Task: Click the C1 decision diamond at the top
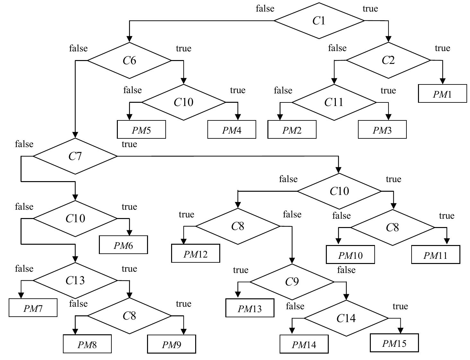point(319,21)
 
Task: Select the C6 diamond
point(129,60)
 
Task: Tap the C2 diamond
point(388,60)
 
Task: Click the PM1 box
point(442,94)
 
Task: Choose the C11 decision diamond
point(334,102)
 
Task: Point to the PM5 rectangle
point(141,130)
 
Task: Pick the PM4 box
point(231,130)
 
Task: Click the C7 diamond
point(75,156)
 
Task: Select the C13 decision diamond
point(75,281)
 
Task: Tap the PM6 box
point(123,245)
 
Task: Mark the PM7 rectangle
point(33,308)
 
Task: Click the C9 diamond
point(292,282)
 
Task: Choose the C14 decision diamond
point(346,318)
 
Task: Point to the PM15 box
point(394,343)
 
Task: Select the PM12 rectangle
point(196,254)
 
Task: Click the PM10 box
point(350,255)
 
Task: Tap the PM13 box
point(250,308)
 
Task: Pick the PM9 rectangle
point(171,344)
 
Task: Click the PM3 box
point(382,130)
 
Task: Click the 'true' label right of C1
point(370,9)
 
